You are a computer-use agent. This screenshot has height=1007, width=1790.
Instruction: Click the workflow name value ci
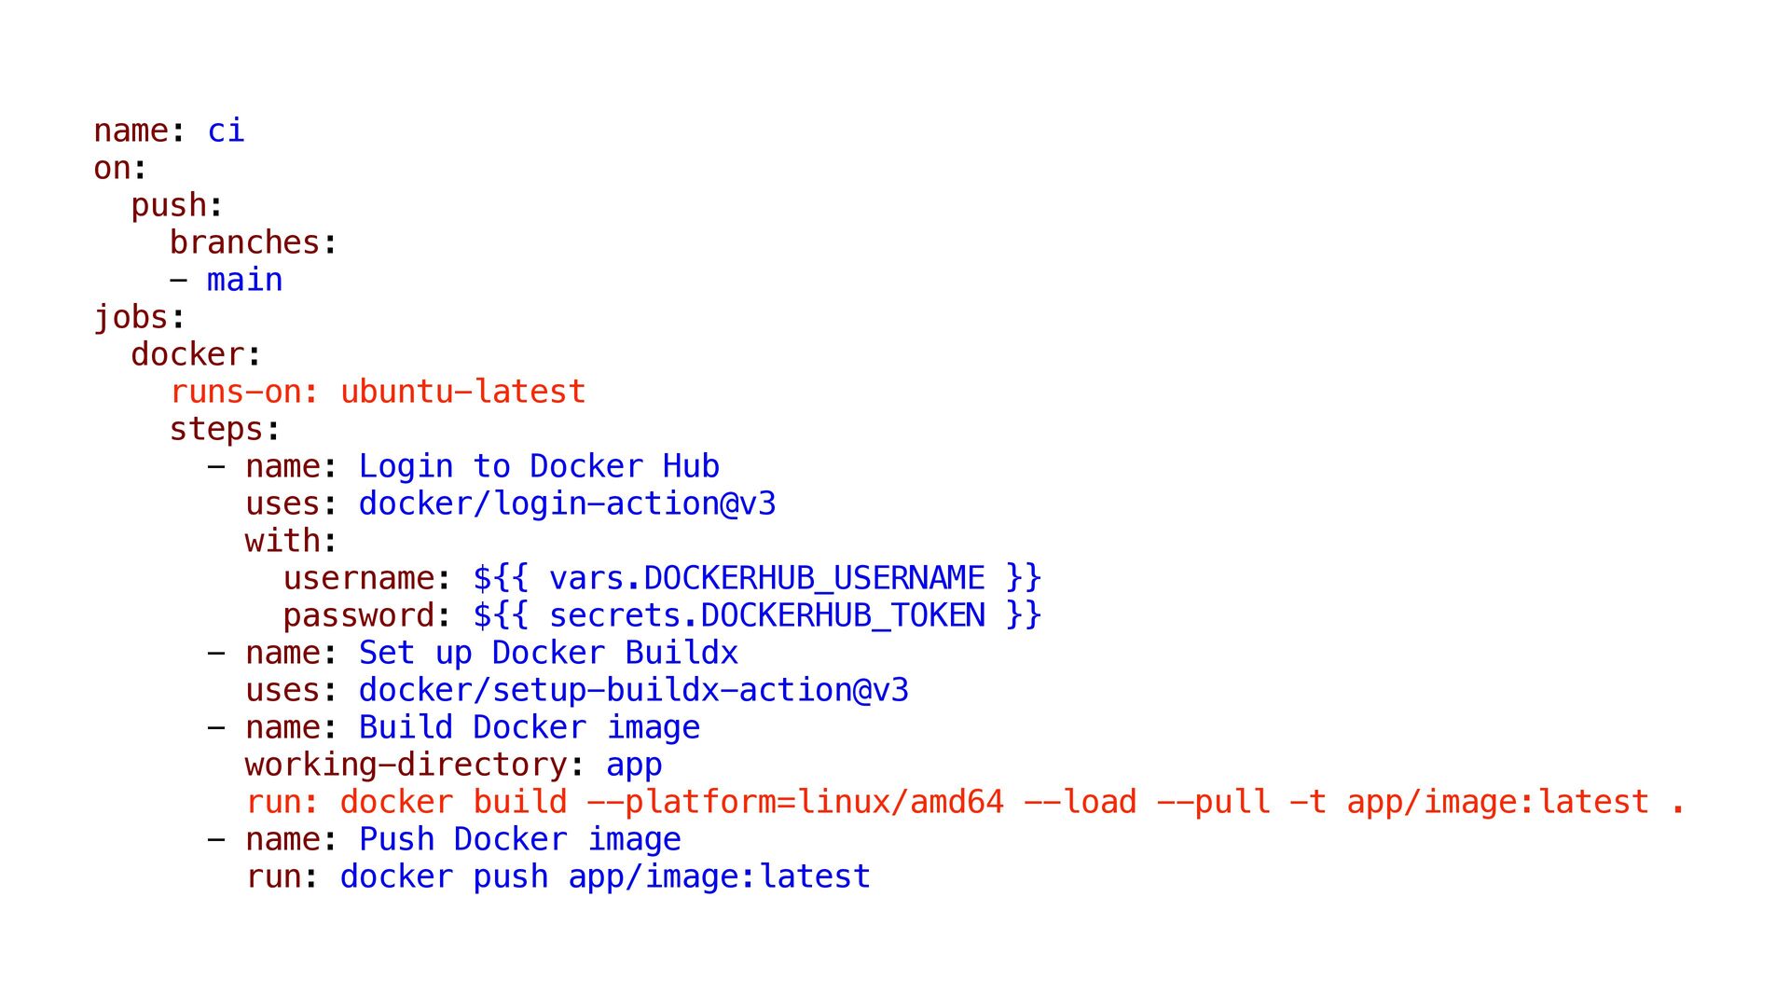coord(226,131)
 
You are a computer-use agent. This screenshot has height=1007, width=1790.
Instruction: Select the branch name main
coord(244,280)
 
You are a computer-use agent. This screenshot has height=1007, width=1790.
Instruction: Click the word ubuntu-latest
coord(462,392)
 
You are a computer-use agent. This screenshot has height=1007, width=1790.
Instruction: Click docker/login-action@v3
coord(567,504)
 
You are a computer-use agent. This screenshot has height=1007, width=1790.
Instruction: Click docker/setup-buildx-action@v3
coord(634,691)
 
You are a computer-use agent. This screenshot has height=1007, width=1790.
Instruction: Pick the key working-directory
coord(406,766)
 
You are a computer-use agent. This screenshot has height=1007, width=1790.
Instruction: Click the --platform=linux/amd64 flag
coord(795,803)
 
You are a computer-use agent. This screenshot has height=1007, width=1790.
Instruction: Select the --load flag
coord(1081,802)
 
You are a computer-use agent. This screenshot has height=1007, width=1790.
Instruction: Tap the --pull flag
coord(1214,803)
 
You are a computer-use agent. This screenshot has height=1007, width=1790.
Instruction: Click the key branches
coord(244,242)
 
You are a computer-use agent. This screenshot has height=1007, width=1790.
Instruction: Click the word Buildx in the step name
coord(682,653)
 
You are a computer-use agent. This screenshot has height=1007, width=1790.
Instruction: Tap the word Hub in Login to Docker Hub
coord(691,466)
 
